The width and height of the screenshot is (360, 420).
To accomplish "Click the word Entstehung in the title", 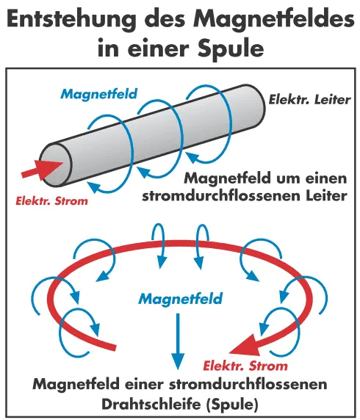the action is click(72, 20).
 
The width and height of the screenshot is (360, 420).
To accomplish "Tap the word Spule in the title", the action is click(231, 48).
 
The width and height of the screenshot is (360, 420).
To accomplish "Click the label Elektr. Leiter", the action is click(309, 100).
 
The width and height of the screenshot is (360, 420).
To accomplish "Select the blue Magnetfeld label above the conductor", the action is click(99, 94).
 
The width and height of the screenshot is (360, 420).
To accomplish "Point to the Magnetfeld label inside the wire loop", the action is click(181, 298).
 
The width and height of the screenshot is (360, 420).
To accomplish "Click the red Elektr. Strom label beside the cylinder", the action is click(51, 201).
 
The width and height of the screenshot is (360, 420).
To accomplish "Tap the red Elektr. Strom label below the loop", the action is click(245, 366).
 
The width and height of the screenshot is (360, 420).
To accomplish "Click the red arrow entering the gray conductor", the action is click(42, 170).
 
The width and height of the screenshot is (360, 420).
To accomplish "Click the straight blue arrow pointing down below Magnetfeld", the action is click(178, 341).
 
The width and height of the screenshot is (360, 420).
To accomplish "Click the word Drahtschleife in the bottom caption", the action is click(151, 405).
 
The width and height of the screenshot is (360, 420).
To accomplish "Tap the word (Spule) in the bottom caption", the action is click(232, 405).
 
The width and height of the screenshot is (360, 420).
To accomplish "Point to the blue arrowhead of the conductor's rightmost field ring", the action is click(192, 158).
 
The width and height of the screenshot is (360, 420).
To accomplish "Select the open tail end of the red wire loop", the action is click(114, 347).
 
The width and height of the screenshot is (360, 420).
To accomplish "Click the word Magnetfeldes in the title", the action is click(274, 20).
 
